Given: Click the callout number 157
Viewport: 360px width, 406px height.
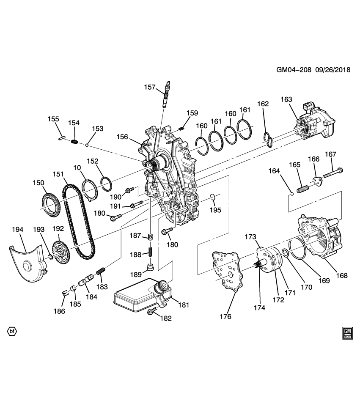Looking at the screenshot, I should [x=150, y=87].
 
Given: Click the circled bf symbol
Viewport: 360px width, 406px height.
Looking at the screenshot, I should [x=12, y=331].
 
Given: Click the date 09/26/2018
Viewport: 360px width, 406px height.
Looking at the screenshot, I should [x=333, y=71].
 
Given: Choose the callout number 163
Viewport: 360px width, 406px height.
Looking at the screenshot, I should [x=286, y=100].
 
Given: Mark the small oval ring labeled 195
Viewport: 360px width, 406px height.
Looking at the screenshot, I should [x=214, y=196].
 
